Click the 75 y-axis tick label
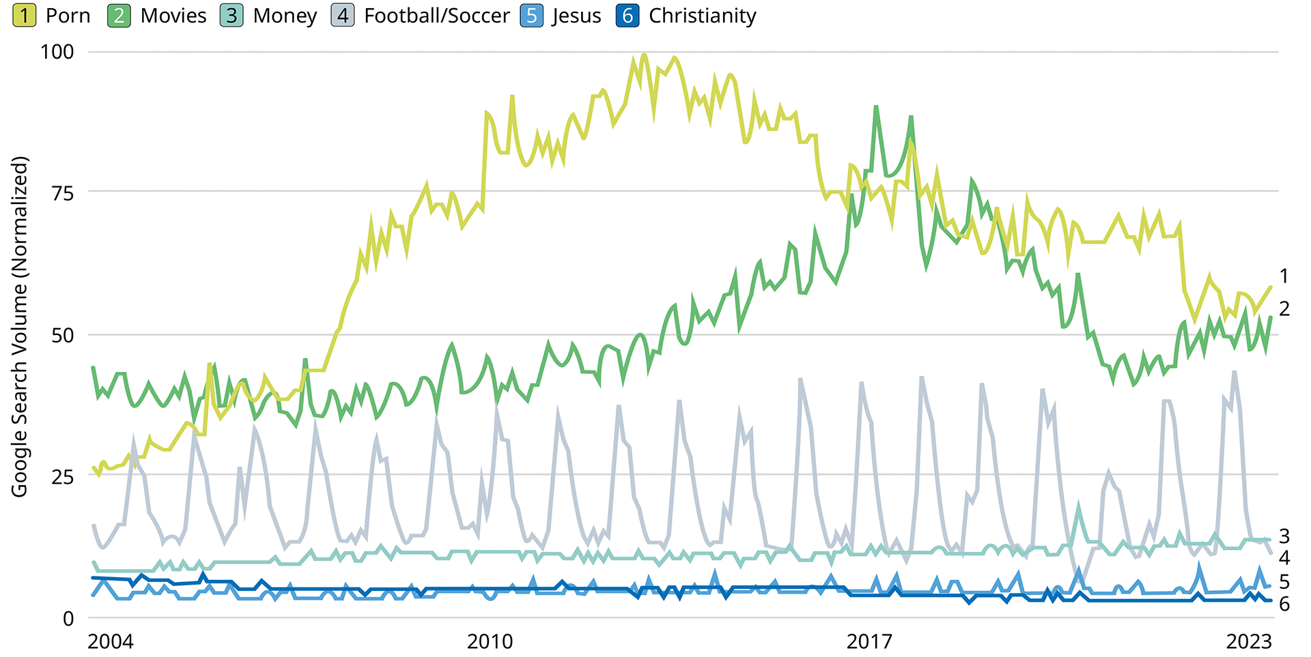(x=62, y=193)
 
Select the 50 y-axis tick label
(x=62, y=335)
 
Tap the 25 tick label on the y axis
(x=62, y=476)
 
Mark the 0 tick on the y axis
(x=68, y=618)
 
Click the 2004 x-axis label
(x=111, y=641)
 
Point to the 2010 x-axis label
(x=490, y=641)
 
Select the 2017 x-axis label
(x=869, y=641)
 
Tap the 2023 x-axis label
(x=1248, y=641)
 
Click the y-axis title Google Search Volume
(x=20, y=327)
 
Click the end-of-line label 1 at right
(x=1284, y=276)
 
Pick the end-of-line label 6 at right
(x=1284, y=604)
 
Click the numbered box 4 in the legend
(x=343, y=16)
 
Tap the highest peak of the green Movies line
(x=876, y=107)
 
